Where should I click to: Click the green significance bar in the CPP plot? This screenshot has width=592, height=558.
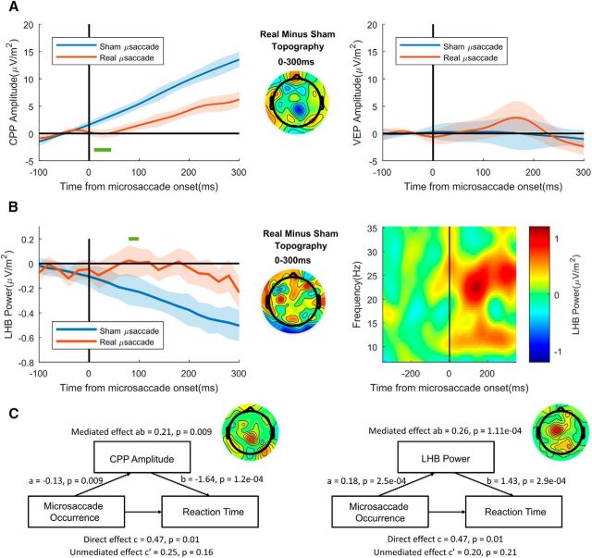[103, 149]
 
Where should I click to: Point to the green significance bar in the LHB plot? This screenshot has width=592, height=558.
[133, 239]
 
